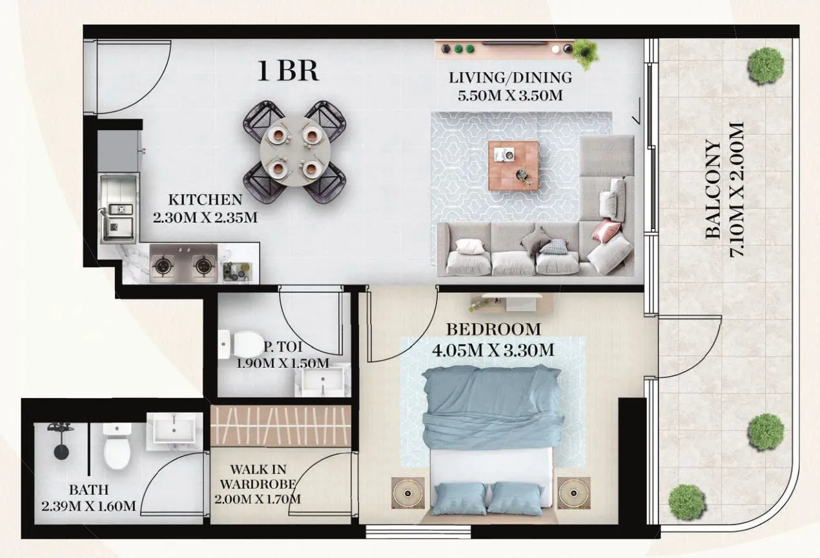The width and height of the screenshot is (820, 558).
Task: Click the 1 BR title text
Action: pos(288,71)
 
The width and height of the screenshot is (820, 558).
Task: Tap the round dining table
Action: pos(294,152)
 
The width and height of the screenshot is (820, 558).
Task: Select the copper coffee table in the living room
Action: pos(513,165)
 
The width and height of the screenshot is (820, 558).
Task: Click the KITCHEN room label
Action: pos(205,200)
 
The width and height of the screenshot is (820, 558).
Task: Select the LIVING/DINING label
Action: pos(511,78)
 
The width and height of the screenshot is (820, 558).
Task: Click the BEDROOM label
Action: pos(493,330)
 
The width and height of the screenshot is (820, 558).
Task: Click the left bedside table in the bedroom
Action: pos(408,493)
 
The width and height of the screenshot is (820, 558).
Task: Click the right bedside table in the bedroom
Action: pos(574,493)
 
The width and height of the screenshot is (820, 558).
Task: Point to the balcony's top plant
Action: pos(766,65)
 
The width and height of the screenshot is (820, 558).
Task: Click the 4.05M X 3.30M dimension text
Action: pos(493,351)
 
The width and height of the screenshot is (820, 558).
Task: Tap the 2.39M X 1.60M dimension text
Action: pos(88,506)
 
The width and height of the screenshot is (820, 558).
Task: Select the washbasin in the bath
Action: pos(173,429)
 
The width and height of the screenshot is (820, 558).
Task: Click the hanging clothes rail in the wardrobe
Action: pos(280,425)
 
